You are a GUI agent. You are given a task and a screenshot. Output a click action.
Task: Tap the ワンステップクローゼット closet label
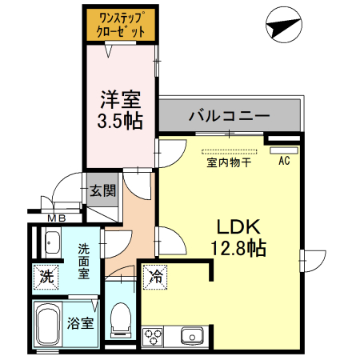pos(120,25)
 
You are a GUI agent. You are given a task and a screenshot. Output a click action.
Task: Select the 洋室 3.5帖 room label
pos(120,110)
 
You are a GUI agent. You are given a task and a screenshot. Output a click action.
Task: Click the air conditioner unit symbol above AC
pos(284,149)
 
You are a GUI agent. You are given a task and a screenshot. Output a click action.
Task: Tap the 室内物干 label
pos(229,163)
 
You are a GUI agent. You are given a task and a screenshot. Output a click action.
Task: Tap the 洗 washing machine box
pos(47,278)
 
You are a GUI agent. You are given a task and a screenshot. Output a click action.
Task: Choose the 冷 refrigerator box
pos(157,278)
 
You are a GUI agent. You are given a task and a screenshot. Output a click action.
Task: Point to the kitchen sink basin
pos(193,334)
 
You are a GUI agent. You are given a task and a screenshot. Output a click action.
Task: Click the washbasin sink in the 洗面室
pos(54,240)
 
